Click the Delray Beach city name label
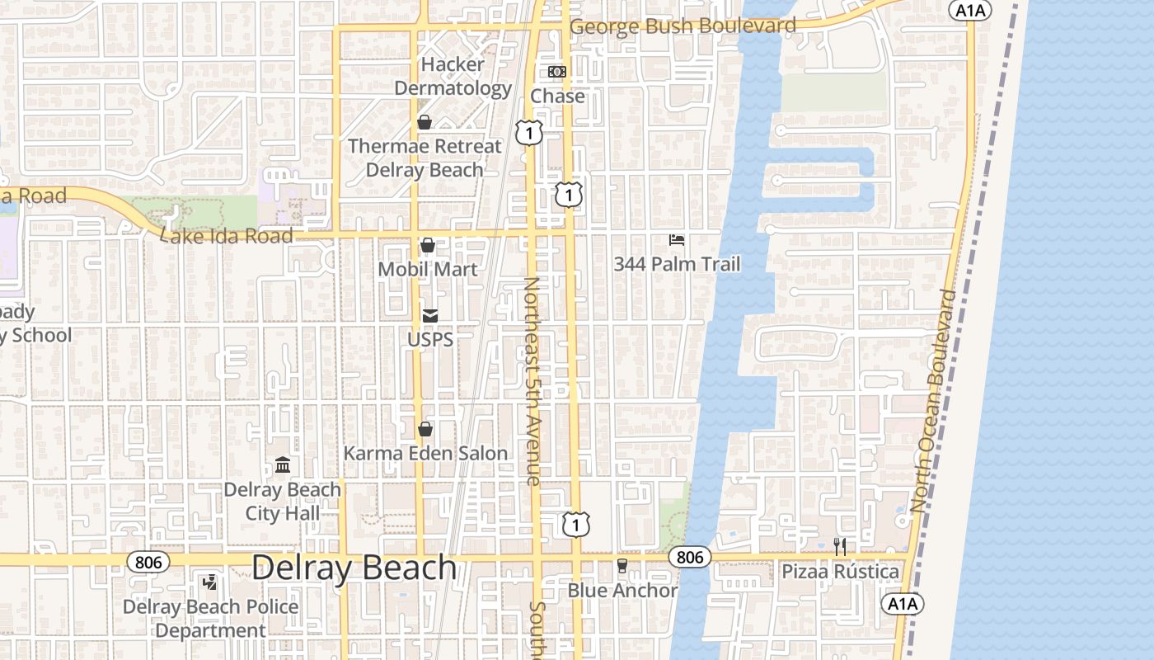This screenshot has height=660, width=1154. coord(354,568)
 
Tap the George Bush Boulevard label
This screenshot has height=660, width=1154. coord(683,26)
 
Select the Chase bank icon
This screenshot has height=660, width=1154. coord(557,72)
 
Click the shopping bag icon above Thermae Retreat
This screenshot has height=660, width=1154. coord(425,122)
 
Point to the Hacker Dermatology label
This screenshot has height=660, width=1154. coord(453,76)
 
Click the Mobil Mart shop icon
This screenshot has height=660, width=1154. coord(428,245)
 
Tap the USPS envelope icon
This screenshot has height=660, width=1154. coord(430,315)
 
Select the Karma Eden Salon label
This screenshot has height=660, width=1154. coord(425,453)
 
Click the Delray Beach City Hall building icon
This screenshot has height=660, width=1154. coord(283,465)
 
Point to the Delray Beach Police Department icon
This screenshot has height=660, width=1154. coord(210,582)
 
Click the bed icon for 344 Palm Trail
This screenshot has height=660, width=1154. coord(677,240)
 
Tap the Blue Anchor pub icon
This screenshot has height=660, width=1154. coord(622,566)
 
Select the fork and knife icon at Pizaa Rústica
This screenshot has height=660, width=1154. coord(840,546)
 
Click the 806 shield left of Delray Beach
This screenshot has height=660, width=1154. coord(148,562)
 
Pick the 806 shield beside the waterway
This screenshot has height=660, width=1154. coord(689,557)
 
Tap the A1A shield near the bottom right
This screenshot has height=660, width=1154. coord(903,604)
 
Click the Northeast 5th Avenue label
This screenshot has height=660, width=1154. coord(532,380)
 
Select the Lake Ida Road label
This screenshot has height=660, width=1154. coord(228,236)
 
